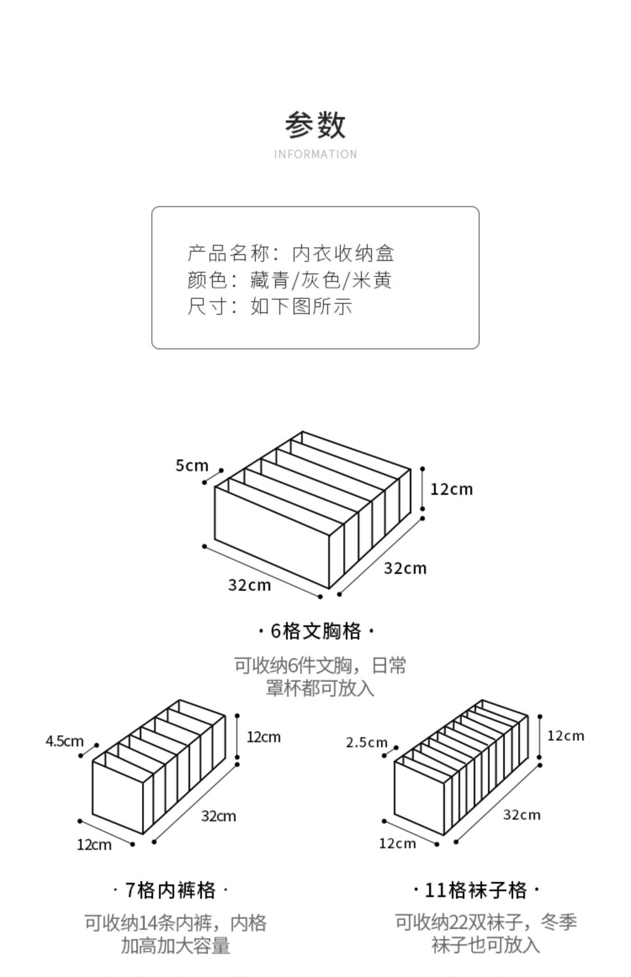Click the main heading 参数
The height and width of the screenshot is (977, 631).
315,125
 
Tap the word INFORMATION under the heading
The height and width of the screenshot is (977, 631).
315,154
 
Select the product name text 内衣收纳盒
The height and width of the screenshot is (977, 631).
343,253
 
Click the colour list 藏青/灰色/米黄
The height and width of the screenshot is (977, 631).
321,280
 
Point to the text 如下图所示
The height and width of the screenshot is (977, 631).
301,306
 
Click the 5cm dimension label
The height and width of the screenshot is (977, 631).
192,466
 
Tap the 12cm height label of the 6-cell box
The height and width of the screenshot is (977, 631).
451,489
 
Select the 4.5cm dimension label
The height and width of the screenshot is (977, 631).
64,741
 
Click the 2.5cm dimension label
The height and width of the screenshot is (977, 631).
366,743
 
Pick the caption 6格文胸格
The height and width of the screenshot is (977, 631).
315,631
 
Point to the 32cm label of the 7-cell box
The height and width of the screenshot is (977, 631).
218,816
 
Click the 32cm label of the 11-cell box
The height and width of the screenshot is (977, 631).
522,815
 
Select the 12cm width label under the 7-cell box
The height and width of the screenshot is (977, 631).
94,844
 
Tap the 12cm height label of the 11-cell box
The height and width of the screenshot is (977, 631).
566,736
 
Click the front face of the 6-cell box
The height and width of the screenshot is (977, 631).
271,536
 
